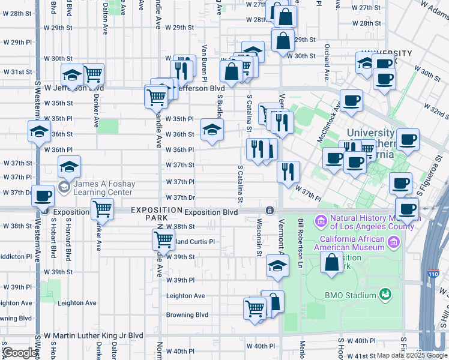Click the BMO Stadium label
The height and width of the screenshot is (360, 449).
(350, 295)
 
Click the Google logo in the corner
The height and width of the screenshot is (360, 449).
(19, 353)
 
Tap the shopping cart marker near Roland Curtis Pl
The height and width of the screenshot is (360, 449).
(163, 239)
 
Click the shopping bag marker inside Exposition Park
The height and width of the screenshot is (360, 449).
(331, 262)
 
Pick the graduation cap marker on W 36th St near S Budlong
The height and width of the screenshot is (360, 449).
(211, 130)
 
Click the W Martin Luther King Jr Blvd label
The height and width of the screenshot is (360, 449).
(93, 335)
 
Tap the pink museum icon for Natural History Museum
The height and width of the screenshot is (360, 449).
(321, 223)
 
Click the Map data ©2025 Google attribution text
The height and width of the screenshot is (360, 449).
(411, 355)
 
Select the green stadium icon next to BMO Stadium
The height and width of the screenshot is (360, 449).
(384, 295)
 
